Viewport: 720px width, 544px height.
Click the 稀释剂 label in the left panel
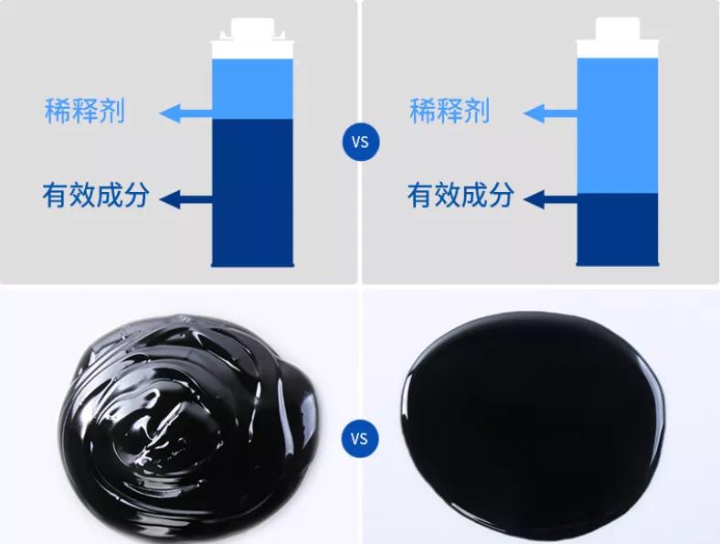(x=85, y=112)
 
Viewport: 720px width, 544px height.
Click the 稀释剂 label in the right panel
(x=450, y=112)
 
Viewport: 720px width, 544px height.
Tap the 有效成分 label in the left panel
(x=95, y=195)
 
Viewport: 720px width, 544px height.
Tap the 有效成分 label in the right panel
(x=460, y=195)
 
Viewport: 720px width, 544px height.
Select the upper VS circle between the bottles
(x=360, y=143)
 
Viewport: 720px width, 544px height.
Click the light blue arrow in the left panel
(x=185, y=113)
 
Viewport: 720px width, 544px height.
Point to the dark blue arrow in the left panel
(x=189, y=198)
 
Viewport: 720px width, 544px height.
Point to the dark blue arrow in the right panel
(x=552, y=197)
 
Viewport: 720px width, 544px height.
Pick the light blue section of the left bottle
(x=252, y=89)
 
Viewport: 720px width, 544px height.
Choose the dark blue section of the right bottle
(x=617, y=228)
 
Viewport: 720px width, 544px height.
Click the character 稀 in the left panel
(x=58, y=112)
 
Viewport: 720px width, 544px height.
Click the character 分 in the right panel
(x=500, y=195)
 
